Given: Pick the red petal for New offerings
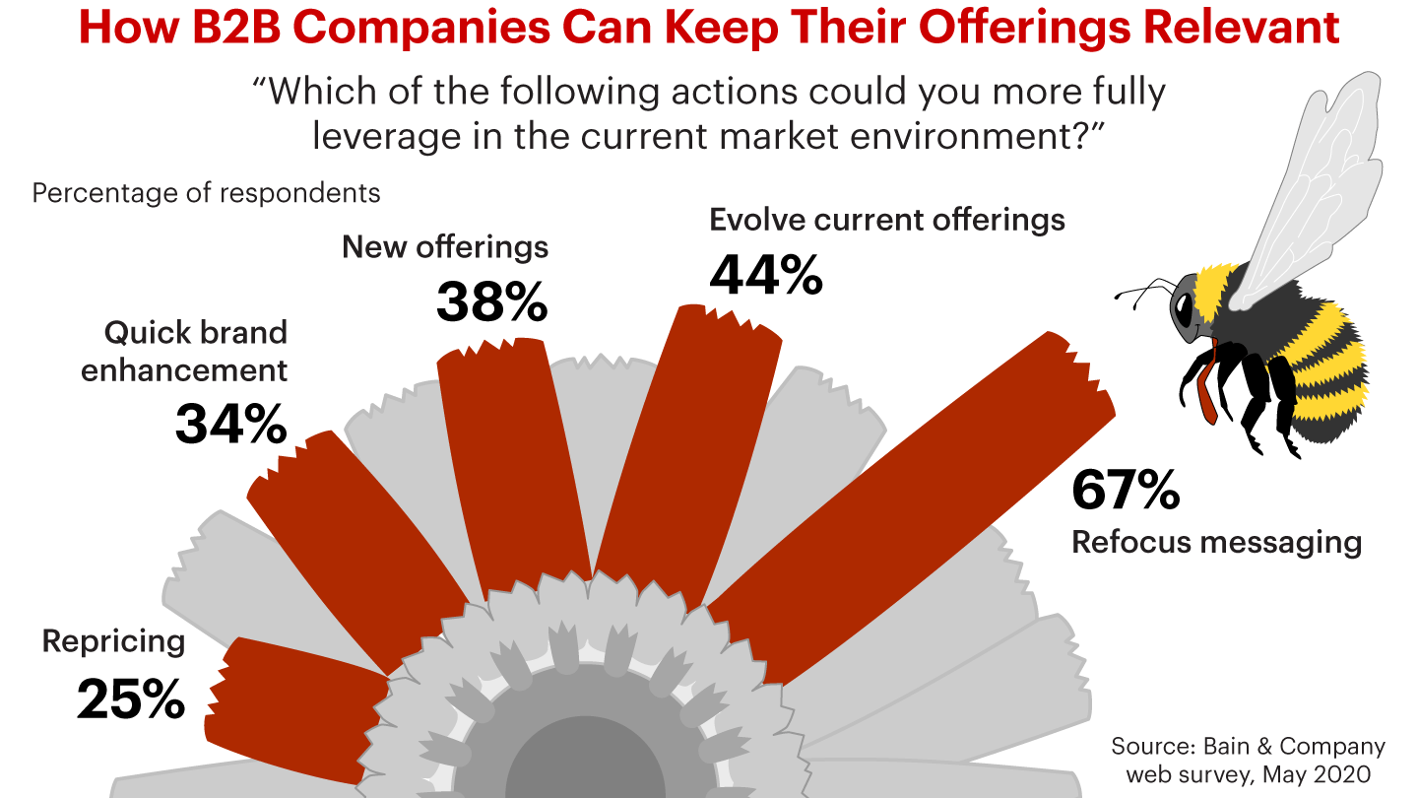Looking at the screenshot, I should pos(512,463).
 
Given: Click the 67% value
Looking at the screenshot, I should pos(1126,490).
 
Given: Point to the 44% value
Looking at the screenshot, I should pos(766,276).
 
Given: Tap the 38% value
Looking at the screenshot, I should pos(491,302).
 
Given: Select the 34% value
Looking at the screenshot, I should pos(231,425).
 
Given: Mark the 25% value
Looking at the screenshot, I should pos(131,698).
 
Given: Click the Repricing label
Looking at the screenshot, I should pos(113,642).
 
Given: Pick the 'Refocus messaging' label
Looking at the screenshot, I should pos(1217,542).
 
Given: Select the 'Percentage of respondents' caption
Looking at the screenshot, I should pos(206,192).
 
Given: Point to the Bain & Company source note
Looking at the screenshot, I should pos(1248,760).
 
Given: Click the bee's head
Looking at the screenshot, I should pos(1186,305).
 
